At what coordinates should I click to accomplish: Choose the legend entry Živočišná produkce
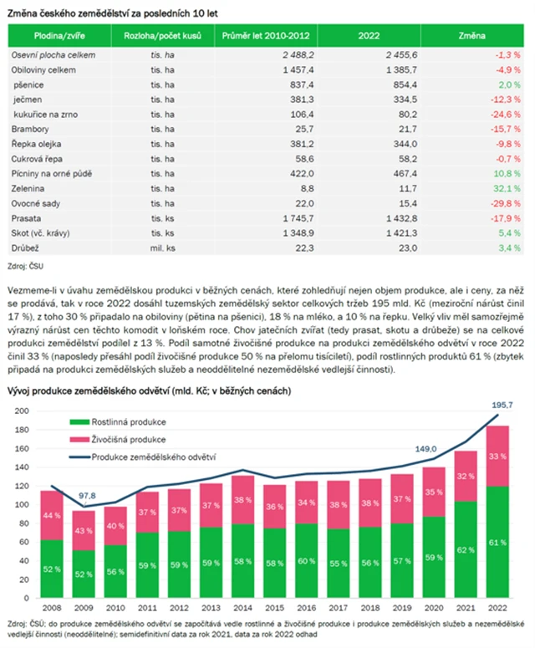coord(128,439)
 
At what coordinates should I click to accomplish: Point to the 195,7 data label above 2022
coord(502,405)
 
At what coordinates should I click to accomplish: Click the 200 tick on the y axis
coord(22,411)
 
